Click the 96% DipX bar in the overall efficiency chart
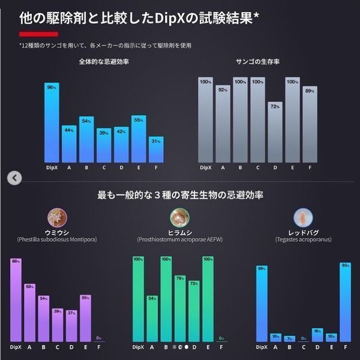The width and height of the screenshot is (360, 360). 52,122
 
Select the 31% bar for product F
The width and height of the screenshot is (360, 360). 155,150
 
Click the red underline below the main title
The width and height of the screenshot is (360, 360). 34,35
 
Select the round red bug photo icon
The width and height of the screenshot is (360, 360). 302,216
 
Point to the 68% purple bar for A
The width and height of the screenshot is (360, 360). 30,312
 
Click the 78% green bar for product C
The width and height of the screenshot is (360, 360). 180,308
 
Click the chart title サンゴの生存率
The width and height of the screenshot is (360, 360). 258,62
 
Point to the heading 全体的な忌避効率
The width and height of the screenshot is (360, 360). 103,62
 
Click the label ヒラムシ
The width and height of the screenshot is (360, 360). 179,232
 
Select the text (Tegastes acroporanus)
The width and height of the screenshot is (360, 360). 303,239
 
